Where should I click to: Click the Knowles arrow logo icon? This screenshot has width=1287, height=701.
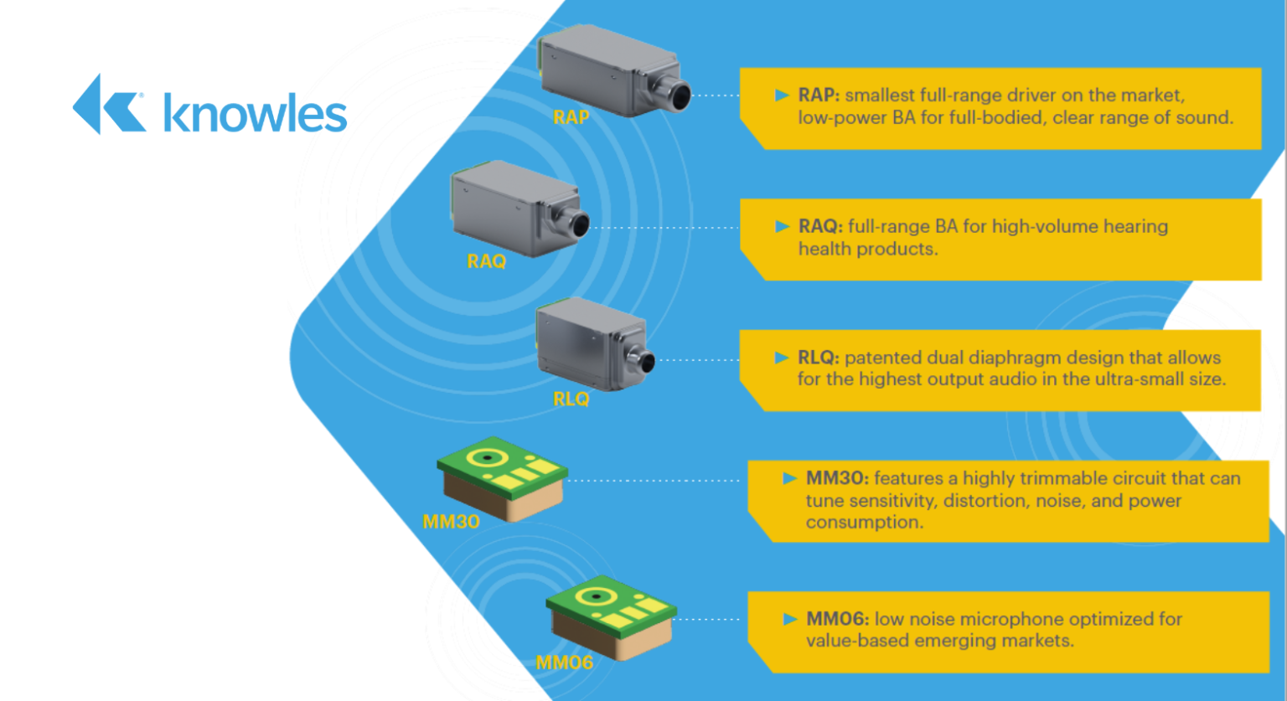pyautogui.click(x=107, y=105)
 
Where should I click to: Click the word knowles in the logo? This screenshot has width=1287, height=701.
pyautogui.click(x=255, y=113)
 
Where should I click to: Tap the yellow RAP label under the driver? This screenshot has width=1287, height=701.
pyautogui.click(x=571, y=117)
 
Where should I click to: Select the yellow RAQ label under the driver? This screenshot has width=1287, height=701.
pyautogui.click(x=486, y=261)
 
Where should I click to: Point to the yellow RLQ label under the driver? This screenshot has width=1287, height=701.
pyautogui.click(x=571, y=399)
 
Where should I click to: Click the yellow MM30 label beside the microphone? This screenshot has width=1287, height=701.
pyautogui.click(x=451, y=522)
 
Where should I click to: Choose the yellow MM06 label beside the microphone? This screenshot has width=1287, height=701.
pyautogui.click(x=564, y=662)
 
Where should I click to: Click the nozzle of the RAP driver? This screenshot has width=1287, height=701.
pyautogui.click(x=675, y=92)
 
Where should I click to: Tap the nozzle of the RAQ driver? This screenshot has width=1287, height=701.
pyautogui.click(x=576, y=224)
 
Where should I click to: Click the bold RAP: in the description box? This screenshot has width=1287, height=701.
pyautogui.click(x=819, y=95)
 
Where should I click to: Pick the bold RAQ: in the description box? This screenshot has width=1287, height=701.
pyautogui.click(x=820, y=226)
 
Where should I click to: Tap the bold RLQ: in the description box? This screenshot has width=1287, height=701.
pyautogui.click(x=818, y=358)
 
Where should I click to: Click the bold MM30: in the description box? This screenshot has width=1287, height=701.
pyautogui.click(x=836, y=478)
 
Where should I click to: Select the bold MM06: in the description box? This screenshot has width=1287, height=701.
pyautogui.click(x=837, y=619)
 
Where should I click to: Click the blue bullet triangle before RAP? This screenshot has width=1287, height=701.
pyautogui.click(x=783, y=95)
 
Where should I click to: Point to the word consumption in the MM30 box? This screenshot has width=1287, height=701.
pyautogui.click(x=864, y=523)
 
